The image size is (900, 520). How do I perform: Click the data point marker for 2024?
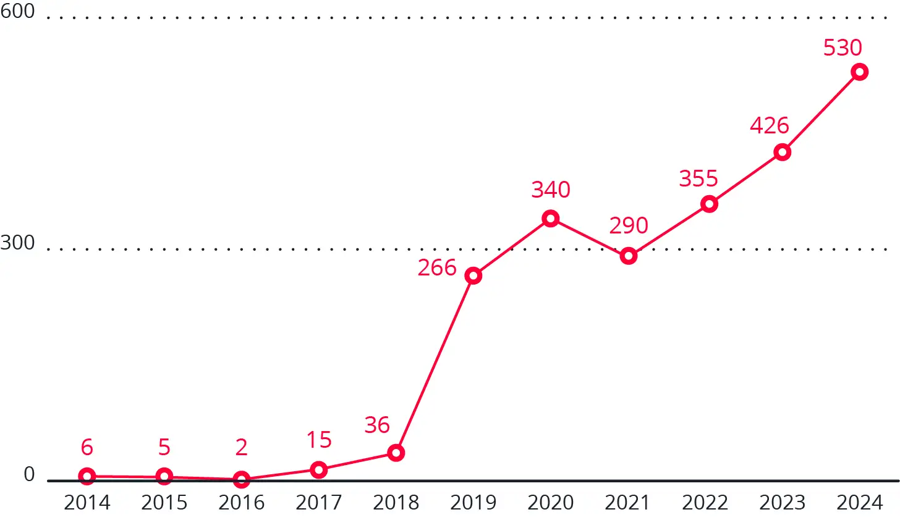point(859,72)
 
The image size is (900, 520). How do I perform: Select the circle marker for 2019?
point(473,275)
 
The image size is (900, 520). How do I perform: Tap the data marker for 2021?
point(629,256)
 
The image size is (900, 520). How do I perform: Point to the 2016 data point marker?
point(242,479)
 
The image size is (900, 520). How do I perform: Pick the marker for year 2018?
point(396,453)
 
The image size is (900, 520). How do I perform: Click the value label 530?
point(843,48)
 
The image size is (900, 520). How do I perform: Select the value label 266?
point(437,267)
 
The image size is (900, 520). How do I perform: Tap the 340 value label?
point(551,190)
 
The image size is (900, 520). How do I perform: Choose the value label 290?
point(629,225)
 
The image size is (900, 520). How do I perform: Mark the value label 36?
point(377,425)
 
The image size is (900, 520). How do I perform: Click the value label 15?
point(319,440)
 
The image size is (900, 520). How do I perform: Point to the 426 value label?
point(770,125)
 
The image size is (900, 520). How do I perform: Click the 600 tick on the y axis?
point(18,11)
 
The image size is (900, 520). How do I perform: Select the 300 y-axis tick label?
point(18,243)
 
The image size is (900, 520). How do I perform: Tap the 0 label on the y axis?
point(29,474)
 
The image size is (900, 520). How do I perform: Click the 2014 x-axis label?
point(87,503)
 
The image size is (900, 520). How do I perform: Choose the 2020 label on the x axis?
point(551,503)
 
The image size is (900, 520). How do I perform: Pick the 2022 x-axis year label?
point(705,503)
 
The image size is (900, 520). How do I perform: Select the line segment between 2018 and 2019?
point(435,364)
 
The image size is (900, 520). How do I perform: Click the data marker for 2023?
point(783,152)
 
